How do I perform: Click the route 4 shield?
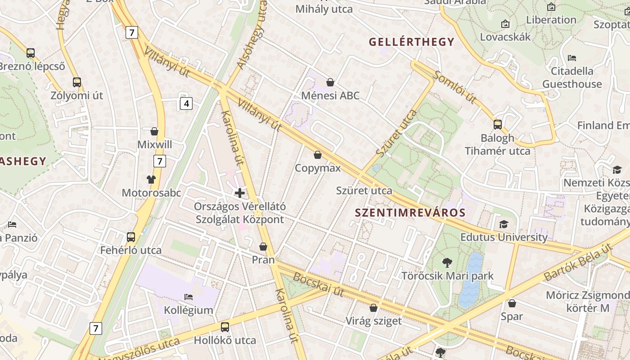tap(186, 104)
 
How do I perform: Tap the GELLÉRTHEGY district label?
tap(411, 42)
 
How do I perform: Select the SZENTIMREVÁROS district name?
tap(410, 213)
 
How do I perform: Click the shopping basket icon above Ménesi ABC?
tap(330, 82)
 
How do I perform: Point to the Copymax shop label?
tap(318, 168)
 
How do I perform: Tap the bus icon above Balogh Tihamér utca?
tap(498, 125)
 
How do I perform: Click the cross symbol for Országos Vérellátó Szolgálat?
tap(240, 193)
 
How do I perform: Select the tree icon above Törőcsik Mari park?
tap(447, 262)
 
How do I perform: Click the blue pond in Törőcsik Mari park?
tap(470, 279)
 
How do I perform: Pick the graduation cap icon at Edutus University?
tap(504, 224)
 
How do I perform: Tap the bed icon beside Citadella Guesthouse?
tap(572, 58)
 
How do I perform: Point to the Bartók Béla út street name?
tap(578, 262)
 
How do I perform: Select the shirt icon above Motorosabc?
tap(151, 180)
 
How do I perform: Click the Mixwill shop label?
tap(154, 144)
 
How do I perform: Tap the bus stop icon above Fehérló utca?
tap(131, 237)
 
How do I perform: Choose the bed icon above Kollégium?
tap(189, 297)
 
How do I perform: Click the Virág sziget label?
tap(373, 321)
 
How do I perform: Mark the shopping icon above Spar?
tap(512, 303)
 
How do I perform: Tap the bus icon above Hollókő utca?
tap(225, 327)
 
